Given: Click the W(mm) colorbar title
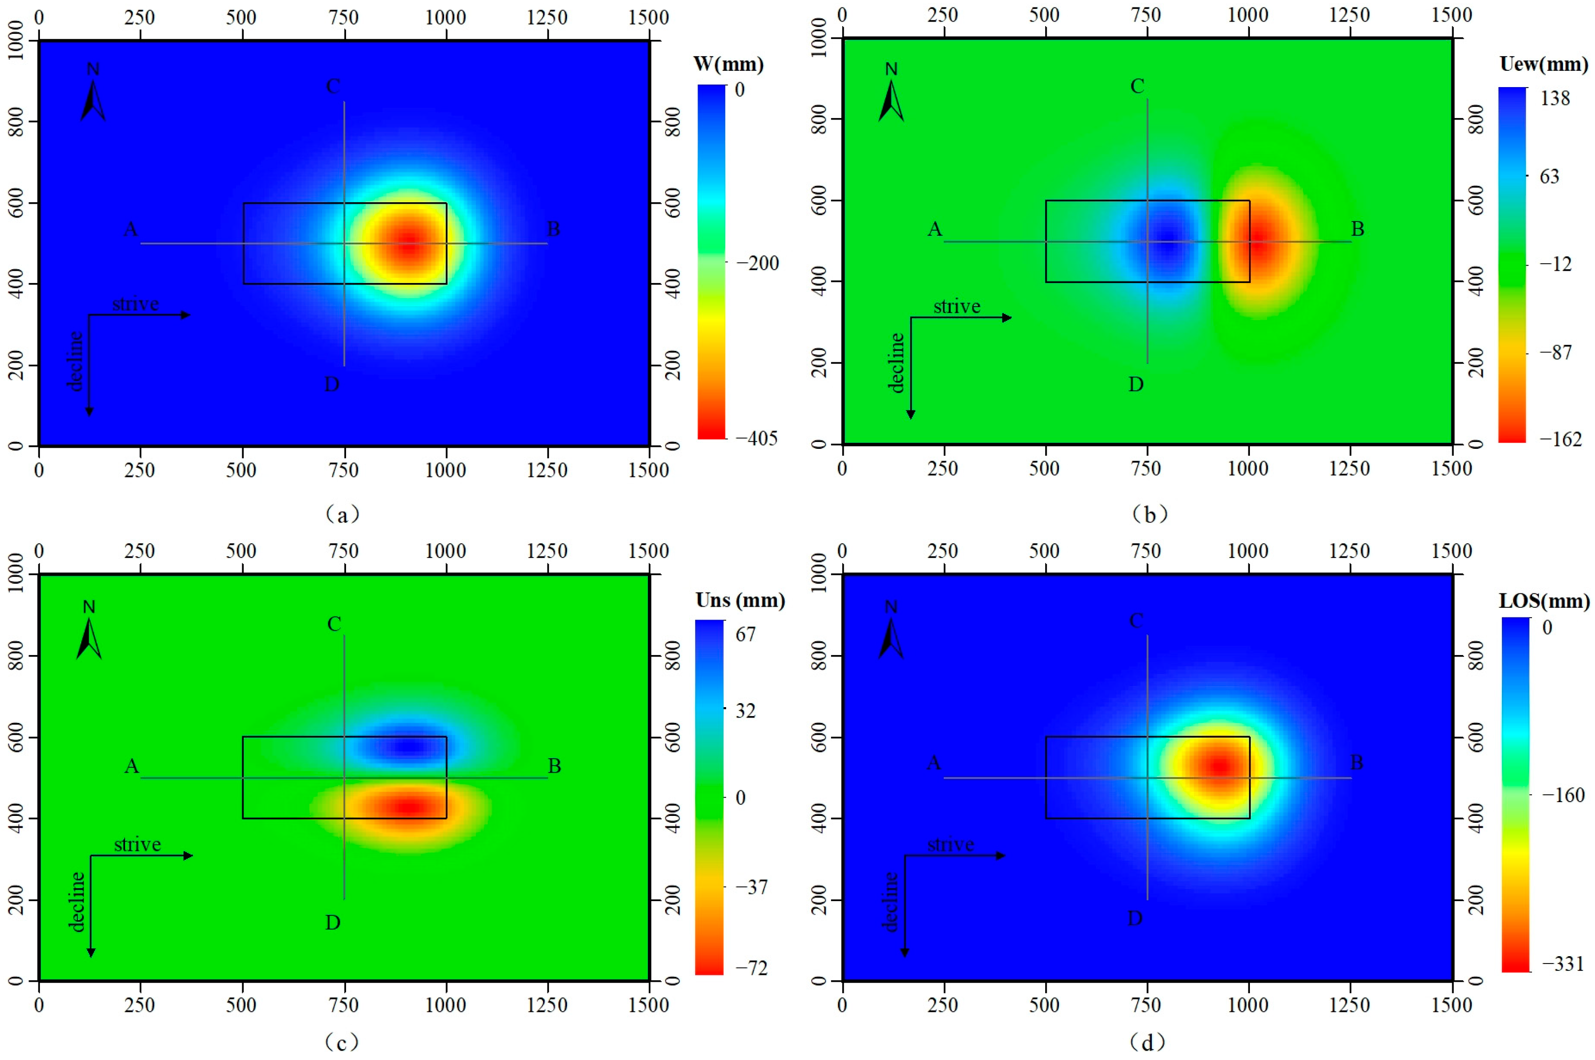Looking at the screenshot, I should [728, 65].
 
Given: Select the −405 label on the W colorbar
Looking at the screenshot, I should [757, 438].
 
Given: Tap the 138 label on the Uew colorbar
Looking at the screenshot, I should [1555, 99].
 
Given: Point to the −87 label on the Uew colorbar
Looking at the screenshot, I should [1555, 352].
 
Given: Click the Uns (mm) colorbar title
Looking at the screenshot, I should [740, 600].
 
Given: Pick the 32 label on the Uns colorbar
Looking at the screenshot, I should [745, 711].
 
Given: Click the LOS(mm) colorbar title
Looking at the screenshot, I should [1544, 601].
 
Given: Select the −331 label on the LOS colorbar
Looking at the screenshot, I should [1563, 964].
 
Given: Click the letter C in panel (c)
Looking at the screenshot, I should [334, 624].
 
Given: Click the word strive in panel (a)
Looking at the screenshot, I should [135, 304].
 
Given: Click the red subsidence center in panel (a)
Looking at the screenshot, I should [408, 245].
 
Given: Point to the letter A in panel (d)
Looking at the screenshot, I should [933, 763].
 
